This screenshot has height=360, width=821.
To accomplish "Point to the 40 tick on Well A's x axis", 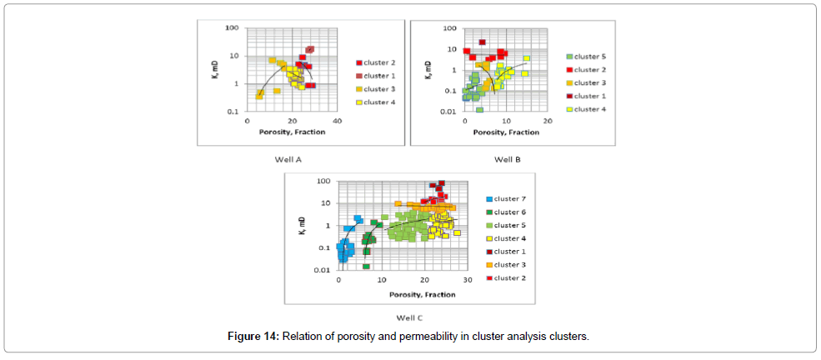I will click(x=337, y=122).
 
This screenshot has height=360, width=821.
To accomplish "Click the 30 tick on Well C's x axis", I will click(x=467, y=280).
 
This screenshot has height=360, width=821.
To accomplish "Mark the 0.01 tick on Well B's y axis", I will click(x=449, y=112).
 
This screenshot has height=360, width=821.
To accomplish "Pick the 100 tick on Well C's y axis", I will click(x=323, y=181).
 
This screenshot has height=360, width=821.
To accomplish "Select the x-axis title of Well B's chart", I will click(x=506, y=132).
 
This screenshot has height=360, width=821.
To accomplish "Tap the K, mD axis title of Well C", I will click(x=303, y=225).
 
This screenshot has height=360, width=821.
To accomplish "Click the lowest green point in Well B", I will click(x=479, y=110).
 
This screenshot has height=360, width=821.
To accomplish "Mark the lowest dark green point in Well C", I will click(x=367, y=267).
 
